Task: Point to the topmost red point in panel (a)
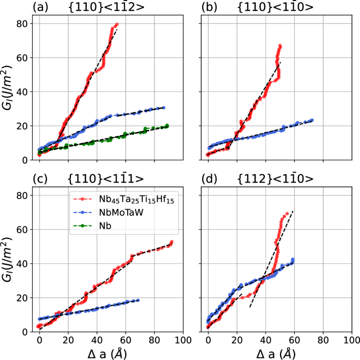coord(117,24)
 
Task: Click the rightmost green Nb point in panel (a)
coord(168,125)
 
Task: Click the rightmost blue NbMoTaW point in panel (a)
coord(163,108)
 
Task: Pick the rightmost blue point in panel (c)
coord(138,300)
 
